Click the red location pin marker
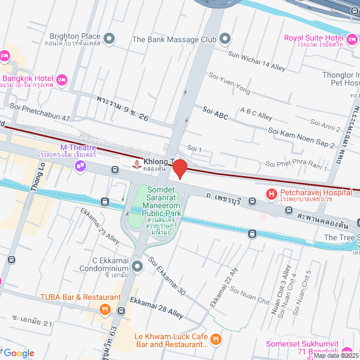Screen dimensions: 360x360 click(179, 169)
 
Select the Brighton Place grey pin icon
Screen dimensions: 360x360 click(110, 39)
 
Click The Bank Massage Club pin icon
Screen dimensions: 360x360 click(225, 39)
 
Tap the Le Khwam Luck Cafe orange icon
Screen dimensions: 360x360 click(216, 339)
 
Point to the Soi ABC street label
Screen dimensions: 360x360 click(215, 116)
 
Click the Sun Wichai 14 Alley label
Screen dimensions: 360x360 click(256, 60)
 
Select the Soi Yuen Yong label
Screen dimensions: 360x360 click(229, 82)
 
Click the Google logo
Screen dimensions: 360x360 click(19, 353)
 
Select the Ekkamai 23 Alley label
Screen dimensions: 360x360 click(100, 226)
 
